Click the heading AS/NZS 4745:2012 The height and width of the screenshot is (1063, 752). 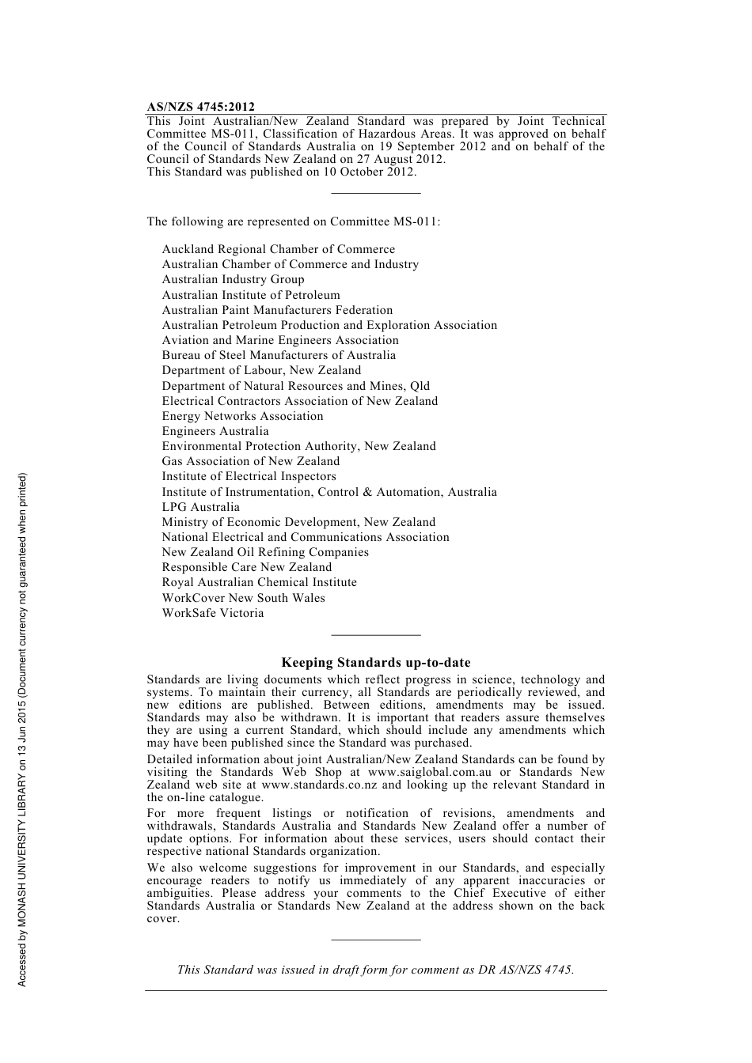coord(200,107)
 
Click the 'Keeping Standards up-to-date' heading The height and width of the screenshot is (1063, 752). coord(376,663)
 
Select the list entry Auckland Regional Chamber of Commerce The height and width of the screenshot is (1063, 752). coord(278,249)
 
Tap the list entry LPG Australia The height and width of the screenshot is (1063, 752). coord(200,507)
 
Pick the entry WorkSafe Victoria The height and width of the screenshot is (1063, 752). coord(213,613)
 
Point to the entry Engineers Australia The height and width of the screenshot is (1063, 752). coord(215,431)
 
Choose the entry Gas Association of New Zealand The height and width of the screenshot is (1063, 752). coord(251,461)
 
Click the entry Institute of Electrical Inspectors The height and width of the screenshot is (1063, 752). coord(249,476)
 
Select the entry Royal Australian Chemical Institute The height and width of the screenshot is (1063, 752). coord(259,582)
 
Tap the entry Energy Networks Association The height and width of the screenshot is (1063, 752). coord(242,416)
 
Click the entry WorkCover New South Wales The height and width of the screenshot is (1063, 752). coord(243,598)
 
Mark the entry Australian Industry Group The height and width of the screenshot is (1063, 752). coord(233,279)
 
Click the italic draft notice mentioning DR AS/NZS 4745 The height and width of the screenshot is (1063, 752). coord(375,970)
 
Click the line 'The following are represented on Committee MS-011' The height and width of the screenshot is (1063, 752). coord(293,221)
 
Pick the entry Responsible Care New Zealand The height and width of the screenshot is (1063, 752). coord(246,567)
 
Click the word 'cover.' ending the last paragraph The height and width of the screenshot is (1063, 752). coord(163,918)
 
